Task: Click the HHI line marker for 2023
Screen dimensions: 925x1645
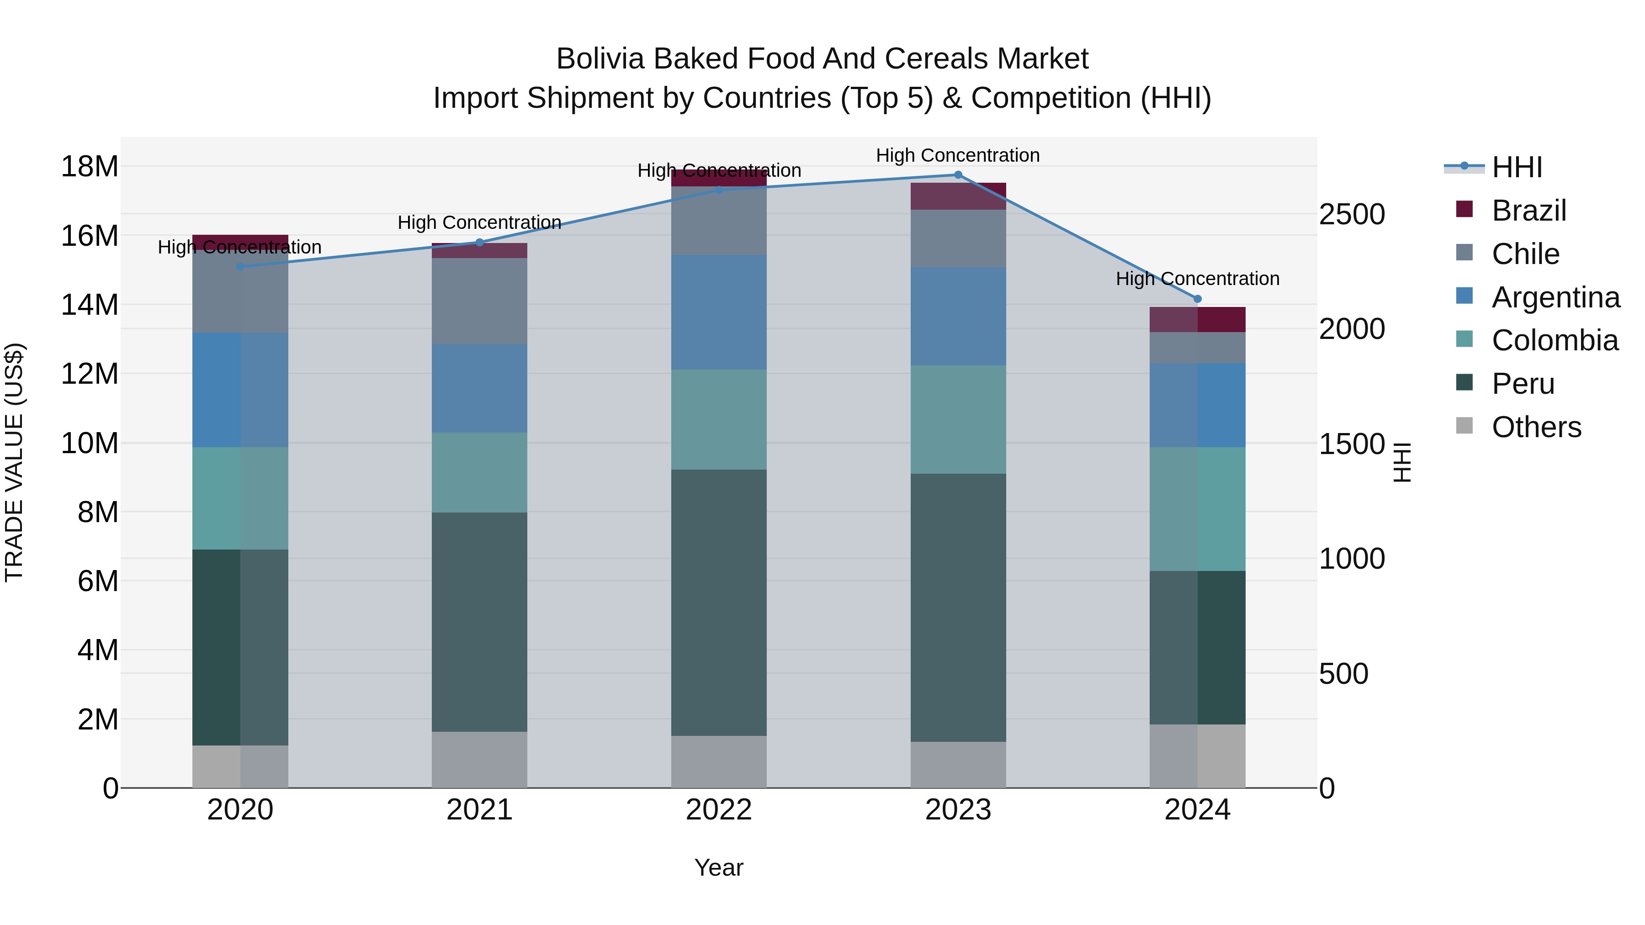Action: (958, 175)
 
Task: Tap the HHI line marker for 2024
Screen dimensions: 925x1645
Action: (1197, 299)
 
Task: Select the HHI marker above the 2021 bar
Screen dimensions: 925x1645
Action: (480, 243)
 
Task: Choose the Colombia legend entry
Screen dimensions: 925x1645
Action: (1555, 340)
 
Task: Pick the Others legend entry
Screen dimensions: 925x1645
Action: (1536, 427)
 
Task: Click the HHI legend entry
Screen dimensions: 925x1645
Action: (1517, 167)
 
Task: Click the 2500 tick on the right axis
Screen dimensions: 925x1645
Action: (1352, 215)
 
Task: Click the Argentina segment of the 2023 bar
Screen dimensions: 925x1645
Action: (958, 316)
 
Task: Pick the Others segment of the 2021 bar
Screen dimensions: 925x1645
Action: (480, 760)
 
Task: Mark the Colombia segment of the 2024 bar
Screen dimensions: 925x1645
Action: (1197, 509)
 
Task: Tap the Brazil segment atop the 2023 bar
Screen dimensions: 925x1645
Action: (958, 196)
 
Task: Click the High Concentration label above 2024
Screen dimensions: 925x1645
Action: (1197, 279)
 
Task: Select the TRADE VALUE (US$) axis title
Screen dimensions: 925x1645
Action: (14, 462)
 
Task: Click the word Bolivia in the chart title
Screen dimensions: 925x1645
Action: (600, 59)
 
